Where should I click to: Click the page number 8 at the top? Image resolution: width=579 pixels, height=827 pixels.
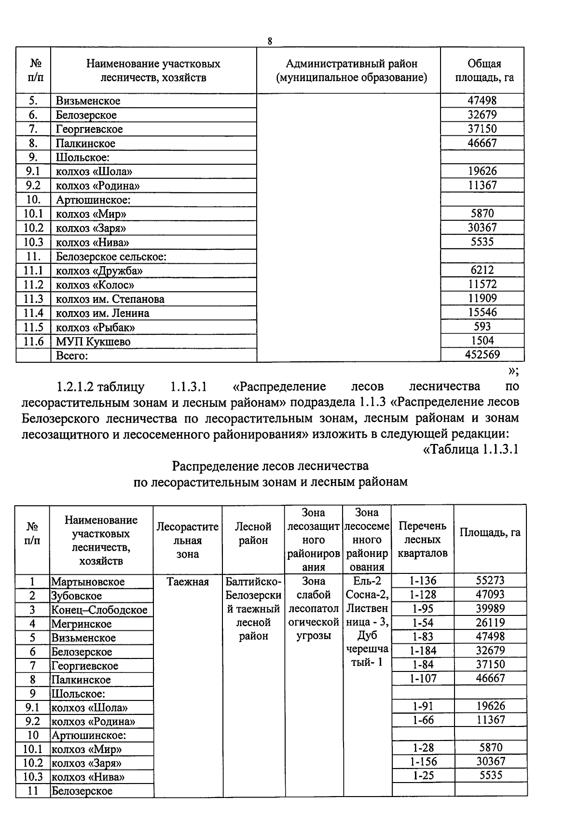point(270,41)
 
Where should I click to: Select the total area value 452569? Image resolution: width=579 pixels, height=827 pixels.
point(482,355)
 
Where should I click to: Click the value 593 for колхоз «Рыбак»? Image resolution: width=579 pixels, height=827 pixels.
point(482,327)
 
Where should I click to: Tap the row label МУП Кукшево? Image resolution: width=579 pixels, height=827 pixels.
point(93,342)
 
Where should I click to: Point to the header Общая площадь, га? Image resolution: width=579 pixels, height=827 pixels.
point(484,71)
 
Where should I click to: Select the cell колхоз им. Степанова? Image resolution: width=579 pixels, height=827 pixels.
point(110,299)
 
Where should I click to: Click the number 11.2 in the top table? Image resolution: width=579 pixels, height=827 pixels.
point(33,285)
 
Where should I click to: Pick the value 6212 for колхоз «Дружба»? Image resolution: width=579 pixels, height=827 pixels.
point(482,270)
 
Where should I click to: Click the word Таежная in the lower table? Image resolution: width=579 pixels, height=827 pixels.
point(188,582)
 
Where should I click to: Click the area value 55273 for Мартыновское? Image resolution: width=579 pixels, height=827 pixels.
point(490,581)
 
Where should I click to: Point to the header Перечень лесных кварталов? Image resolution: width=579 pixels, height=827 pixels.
point(422,539)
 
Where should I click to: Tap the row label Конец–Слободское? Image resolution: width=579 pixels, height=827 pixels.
point(99,610)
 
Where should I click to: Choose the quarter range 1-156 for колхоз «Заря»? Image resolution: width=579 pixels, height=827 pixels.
point(423,762)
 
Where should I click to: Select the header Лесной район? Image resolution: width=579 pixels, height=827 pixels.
point(253,533)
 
